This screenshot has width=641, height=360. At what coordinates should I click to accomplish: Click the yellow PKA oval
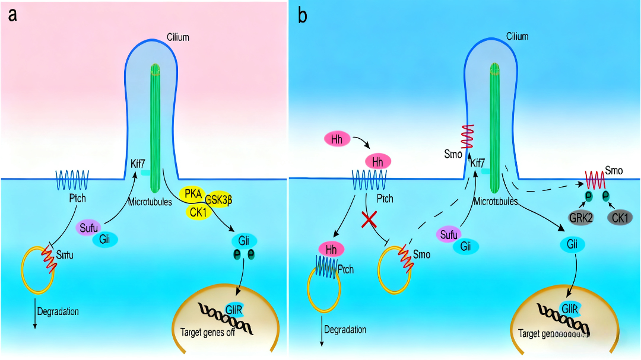click(x=193, y=193)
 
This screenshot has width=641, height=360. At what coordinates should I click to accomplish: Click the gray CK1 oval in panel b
click(x=620, y=217)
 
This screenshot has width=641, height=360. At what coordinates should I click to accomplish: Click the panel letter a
click(x=12, y=15)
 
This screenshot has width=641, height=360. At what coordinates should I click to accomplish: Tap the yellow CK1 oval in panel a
click(x=196, y=211)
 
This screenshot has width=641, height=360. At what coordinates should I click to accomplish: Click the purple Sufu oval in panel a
click(x=88, y=227)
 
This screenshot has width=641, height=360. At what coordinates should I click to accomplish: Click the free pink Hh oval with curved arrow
click(x=337, y=139)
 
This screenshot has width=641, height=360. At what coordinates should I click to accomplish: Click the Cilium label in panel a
click(x=177, y=37)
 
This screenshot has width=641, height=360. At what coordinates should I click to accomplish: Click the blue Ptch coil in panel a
click(x=72, y=178)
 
